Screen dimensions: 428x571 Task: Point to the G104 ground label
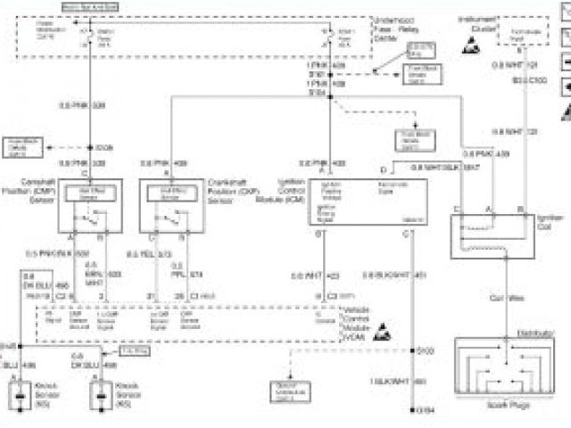pos(427,410)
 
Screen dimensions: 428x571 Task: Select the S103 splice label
pos(426,350)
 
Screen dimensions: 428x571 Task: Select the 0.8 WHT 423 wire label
pos(315,275)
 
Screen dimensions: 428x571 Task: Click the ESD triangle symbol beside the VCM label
pos(384,329)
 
